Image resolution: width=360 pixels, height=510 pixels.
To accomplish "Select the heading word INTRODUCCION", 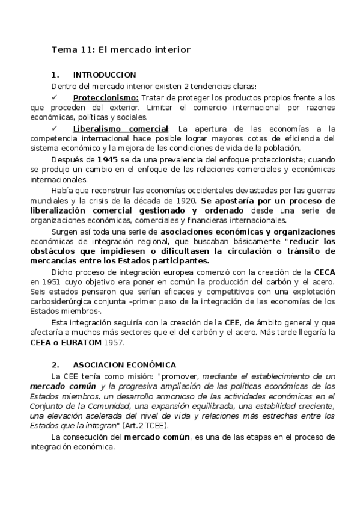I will click(105, 75).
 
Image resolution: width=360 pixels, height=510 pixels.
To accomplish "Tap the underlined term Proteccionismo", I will click(106, 97).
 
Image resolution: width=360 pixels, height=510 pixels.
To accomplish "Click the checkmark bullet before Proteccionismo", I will click(55, 97).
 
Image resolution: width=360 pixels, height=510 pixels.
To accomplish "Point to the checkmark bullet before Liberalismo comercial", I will click(55, 129).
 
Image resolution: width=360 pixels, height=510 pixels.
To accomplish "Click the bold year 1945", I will click(99, 159).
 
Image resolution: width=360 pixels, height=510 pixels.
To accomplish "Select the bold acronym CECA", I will click(324, 272).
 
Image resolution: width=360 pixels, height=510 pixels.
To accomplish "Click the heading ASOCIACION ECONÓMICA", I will click(124, 365).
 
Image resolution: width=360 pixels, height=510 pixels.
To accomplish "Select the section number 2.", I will click(55, 365).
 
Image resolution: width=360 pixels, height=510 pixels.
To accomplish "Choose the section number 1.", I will click(55, 75).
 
